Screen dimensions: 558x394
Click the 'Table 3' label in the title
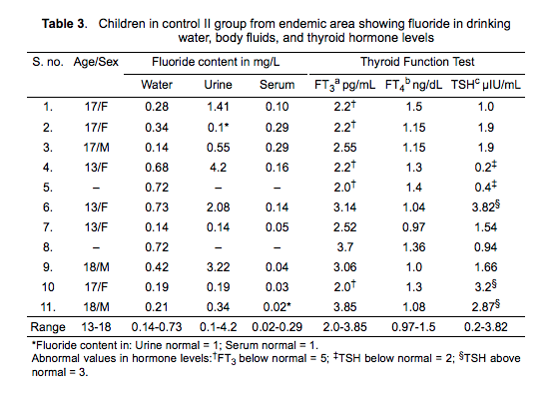(x=63, y=24)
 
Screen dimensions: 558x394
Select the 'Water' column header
(x=157, y=85)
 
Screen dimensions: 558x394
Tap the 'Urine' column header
(x=218, y=85)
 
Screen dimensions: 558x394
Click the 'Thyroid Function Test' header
(x=417, y=62)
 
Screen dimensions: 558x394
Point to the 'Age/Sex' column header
(x=96, y=62)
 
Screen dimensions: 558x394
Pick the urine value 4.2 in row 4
(x=218, y=168)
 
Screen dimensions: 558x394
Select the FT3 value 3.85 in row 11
(x=344, y=306)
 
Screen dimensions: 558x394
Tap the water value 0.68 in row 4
(x=157, y=168)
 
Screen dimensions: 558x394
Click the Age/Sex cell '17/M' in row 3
(x=96, y=148)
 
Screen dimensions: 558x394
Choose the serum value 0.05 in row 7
(x=277, y=226)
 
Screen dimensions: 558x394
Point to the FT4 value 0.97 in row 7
(x=414, y=226)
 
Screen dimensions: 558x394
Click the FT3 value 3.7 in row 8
(x=344, y=246)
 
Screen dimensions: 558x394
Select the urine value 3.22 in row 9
(x=218, y=266)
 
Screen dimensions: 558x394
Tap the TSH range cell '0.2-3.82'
(x=486, y=326)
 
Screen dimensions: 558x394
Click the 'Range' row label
(x=48, y=327)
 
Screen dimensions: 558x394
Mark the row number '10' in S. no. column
(x=48, y=286)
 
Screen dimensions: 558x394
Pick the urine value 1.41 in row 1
(x=218, y=107)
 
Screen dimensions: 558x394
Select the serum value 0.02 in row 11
(x=275, y=306)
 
